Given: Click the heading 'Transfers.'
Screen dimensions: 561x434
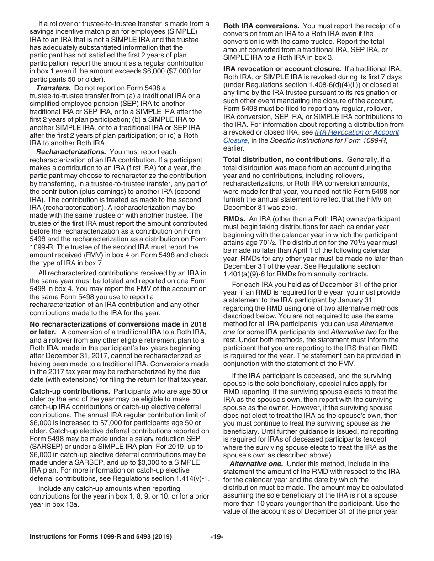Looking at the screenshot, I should [x=53, y=88].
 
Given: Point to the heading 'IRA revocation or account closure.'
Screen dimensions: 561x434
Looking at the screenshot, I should [x=282, y=69].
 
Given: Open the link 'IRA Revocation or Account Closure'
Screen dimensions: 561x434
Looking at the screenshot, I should [x=356, y=132].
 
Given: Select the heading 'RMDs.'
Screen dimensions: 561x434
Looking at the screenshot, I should [x=234, y=218].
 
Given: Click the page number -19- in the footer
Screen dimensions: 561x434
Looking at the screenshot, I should [x=217, y=537].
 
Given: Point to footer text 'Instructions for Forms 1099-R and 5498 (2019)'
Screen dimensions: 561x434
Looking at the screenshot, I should [x=101, y=537].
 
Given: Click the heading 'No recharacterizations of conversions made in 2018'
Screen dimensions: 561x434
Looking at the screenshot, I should [x=118, y=324].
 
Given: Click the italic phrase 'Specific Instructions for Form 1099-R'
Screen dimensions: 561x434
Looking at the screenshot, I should [x=329, y=140].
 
